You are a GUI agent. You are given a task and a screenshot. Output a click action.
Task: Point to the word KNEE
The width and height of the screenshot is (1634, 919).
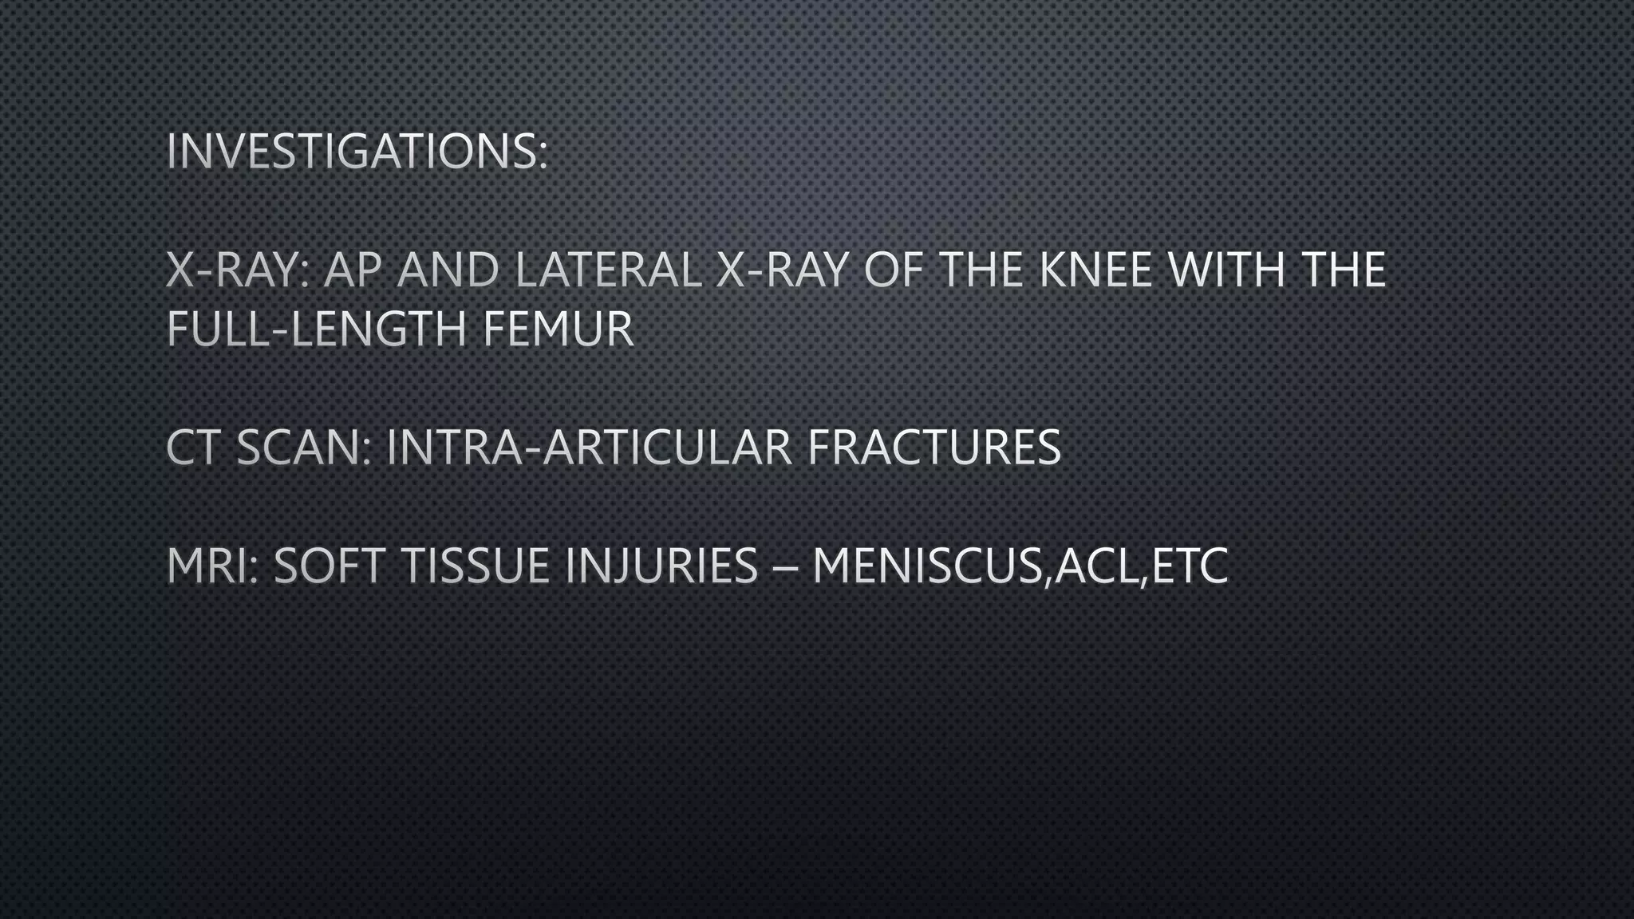pos(1095,270)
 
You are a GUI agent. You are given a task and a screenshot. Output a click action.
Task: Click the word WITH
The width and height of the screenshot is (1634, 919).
pos(1227,270)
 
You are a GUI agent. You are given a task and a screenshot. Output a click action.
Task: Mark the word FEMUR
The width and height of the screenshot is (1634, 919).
pos(558,329)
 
